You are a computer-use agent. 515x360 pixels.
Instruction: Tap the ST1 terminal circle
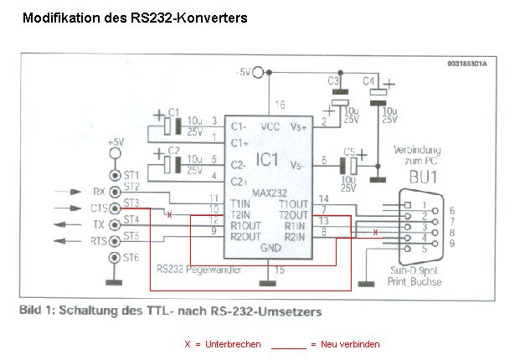[115, 176]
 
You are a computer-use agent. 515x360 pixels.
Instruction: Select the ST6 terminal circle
[115, 256]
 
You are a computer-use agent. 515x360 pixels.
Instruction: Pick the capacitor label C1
[173, 112]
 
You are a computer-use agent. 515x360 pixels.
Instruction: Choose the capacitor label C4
[368, 81]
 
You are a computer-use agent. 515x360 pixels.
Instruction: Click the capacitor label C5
[349, 153]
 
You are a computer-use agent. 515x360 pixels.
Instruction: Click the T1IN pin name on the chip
[241, 203]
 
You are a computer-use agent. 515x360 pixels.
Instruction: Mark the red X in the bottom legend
[188, 344]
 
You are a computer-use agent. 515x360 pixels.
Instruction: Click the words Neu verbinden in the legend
[351, 344]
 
